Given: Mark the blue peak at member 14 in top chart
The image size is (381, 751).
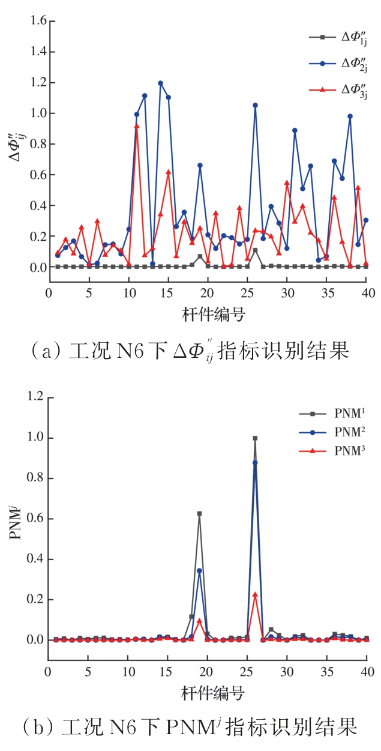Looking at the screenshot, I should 160,83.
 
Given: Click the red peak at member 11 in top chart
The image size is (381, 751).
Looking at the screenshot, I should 137,125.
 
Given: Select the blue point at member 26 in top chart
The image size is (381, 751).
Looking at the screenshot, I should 255,105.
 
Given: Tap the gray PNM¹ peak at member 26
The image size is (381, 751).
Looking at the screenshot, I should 255,438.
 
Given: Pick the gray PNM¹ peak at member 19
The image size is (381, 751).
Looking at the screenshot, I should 199,513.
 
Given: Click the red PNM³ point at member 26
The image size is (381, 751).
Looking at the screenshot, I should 255,594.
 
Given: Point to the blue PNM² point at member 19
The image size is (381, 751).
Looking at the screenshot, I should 199,570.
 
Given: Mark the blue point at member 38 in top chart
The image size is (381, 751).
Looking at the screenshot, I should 350,116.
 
